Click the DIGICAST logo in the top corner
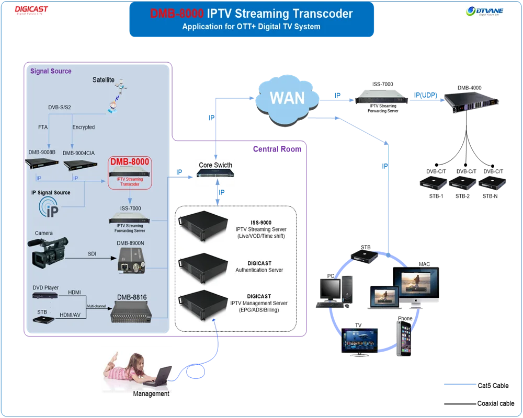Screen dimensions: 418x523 tap(31, 10)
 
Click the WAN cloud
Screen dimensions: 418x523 tap(287, 98)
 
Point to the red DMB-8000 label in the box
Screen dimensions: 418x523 tap(130, 162)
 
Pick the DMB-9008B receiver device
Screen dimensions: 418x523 tap(42, 166)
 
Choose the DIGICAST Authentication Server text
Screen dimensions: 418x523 tap(259, 267)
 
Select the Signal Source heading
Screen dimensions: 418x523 tap(51, 71)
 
